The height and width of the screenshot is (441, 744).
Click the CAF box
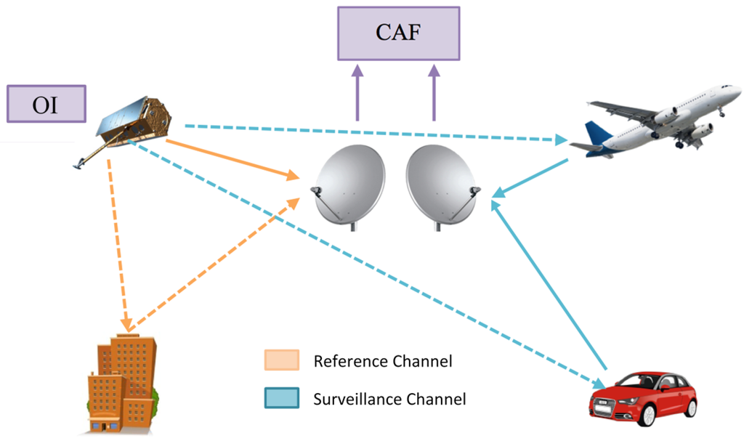pos(398,33)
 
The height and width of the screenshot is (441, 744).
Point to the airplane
pos(654,120)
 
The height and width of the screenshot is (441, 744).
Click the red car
pos(642,399)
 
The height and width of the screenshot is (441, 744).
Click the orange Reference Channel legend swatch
pos(282,361)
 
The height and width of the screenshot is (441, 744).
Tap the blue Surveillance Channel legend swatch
pos(282,398)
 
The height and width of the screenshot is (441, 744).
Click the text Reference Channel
pos(383,361)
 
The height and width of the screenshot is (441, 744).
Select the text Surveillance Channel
pos(389,398)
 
